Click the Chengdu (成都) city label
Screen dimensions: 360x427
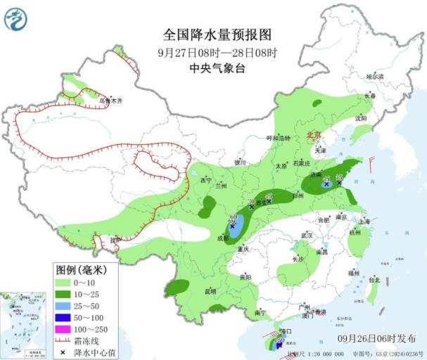[223, 239]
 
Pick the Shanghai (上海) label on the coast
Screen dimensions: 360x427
[364, 221]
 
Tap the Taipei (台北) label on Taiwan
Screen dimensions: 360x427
[374, 279]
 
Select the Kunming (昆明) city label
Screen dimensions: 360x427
[209, 290]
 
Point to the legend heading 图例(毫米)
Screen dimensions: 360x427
[80, 269]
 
